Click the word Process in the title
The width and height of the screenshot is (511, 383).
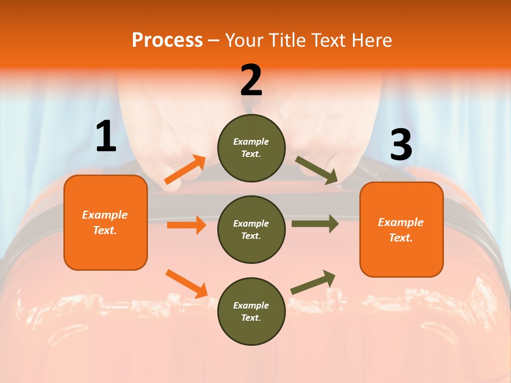point(167,40)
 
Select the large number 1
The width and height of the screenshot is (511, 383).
point(106,137)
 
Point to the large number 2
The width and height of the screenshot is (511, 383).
point(251,80)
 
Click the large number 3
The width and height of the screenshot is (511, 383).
point(401,146)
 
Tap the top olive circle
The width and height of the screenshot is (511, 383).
point(251,148)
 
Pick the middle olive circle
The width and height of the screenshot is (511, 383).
point(251,229)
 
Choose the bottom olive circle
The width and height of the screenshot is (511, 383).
point(251,311)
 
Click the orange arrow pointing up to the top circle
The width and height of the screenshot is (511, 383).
point(185,170)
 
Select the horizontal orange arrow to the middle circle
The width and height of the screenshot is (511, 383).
point(186,225)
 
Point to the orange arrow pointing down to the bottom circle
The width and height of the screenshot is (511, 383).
point(186,284)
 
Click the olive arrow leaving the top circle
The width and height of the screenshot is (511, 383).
point(316,170)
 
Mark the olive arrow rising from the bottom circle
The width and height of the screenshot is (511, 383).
point(313,282)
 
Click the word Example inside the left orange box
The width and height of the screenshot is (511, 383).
point(105,215)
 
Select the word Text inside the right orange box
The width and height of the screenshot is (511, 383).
point(400,238)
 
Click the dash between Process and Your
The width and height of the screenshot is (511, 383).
point(213,41)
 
